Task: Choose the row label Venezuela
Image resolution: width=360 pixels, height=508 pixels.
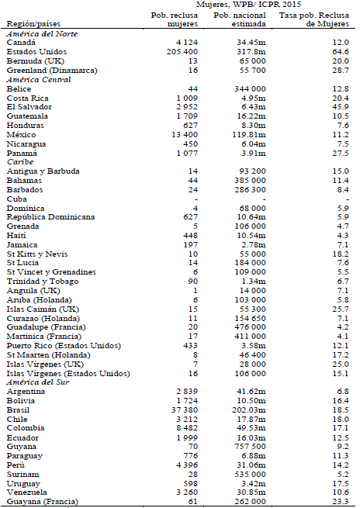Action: click(x=29, y=491)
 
